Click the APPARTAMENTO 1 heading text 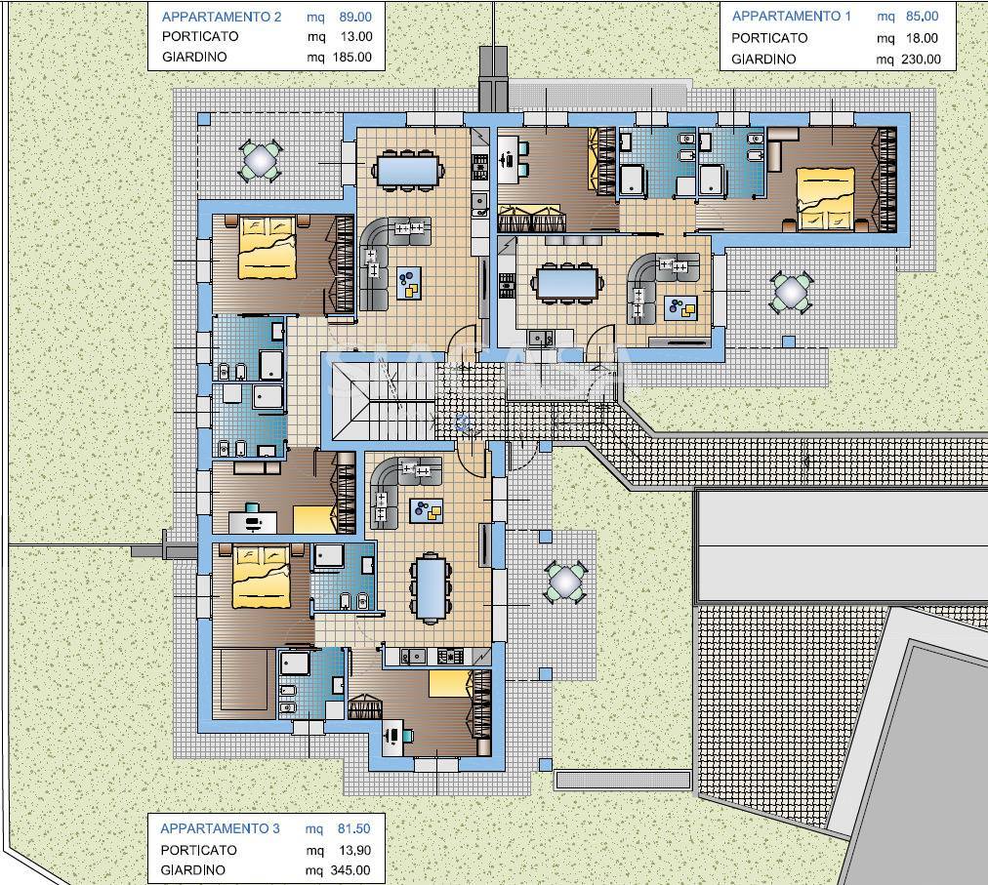(791, 17)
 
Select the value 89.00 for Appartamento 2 (354, 17)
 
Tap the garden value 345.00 (350, 870)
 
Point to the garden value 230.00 (921, 60)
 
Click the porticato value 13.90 (354, 850)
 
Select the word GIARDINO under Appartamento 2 (194, 57)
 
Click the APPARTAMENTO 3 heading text (220, 828)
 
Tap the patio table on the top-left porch (259, 160)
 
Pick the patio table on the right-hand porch (790, 291)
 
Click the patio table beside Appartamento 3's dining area (564, 582)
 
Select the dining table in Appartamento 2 (408, 168)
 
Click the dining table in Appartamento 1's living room (566, 282)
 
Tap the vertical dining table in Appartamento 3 (431, 587)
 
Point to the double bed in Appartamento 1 (825, 198)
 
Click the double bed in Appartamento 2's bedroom (268, 246)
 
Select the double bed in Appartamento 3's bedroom (261, 577)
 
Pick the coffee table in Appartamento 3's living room (426, 510)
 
